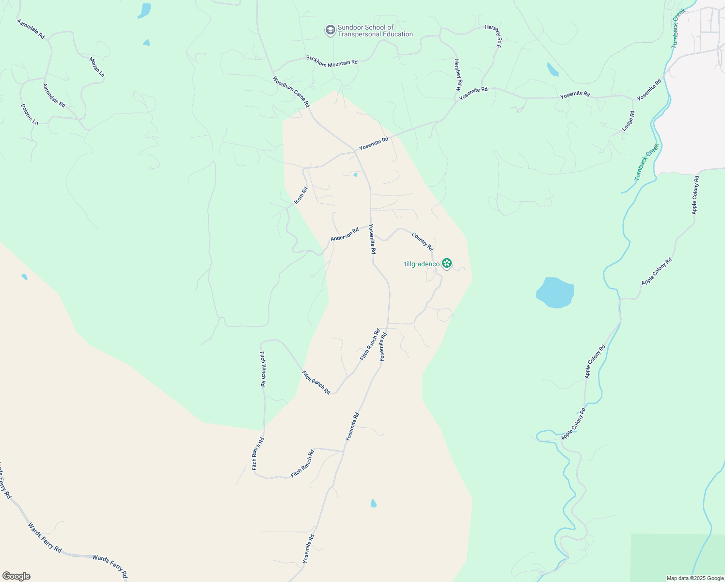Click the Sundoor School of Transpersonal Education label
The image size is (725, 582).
pos(375,31)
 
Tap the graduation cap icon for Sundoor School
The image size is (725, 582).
pos(330,31)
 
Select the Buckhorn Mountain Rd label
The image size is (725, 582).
pos(331,62)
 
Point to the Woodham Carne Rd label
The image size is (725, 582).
pos(291,91)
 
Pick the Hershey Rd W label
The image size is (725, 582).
pos(457,76)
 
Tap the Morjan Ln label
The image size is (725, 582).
pos(97,67)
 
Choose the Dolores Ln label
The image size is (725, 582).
pos(30,114)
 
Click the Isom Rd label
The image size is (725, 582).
pos(301,195)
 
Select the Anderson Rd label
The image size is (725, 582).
pos(345,234)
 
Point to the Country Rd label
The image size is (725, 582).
pos(422,241)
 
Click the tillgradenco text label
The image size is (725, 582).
pos(422,264)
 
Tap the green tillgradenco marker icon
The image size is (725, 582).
pos(447,264)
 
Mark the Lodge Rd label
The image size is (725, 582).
pos(628,121)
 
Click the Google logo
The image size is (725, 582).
pos(16,576)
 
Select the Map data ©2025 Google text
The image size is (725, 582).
pos(694,578)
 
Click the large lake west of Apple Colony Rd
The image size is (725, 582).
pos(555,292)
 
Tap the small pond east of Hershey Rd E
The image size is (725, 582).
pos(552,69)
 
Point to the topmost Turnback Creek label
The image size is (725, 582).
pos(678,28)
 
